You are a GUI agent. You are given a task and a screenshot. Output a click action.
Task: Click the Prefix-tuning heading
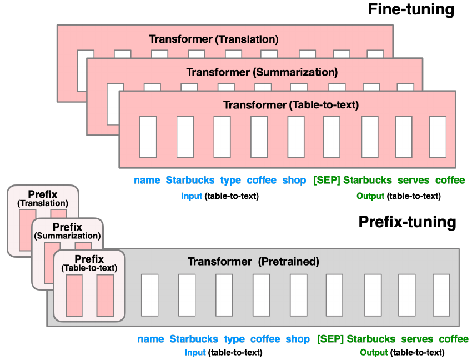[407, 222]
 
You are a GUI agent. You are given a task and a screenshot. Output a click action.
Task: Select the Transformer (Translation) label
[213, 39]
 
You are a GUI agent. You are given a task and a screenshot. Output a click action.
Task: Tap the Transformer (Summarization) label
[262, 72]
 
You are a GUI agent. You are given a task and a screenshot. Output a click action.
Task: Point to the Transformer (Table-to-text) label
[290, 105]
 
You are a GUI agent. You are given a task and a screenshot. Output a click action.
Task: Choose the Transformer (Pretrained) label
[253, 261]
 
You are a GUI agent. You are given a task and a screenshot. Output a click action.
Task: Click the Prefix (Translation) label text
[42, 199]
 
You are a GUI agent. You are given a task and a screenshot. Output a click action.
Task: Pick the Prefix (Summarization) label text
[67, 231]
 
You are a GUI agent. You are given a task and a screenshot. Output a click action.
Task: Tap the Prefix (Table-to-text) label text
[89, 263]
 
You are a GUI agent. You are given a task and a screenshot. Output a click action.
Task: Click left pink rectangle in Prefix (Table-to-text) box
[74, 295]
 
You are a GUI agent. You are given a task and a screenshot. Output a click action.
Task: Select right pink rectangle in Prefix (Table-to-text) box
[105, 295]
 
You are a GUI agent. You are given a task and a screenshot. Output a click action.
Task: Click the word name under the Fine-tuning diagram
[147, 180]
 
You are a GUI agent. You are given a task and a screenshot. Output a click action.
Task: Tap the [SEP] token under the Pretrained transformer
[330, 339]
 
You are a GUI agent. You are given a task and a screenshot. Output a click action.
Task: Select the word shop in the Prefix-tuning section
[298, 339]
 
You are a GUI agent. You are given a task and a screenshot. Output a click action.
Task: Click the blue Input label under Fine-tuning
[192, 196]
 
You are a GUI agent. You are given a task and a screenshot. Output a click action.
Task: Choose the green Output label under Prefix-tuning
[374, 352]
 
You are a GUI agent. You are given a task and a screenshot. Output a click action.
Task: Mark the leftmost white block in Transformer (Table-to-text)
[148, 137]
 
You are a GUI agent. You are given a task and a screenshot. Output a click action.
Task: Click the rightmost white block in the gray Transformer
[441, 295]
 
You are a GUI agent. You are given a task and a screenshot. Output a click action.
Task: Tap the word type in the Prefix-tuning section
[234, 339]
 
